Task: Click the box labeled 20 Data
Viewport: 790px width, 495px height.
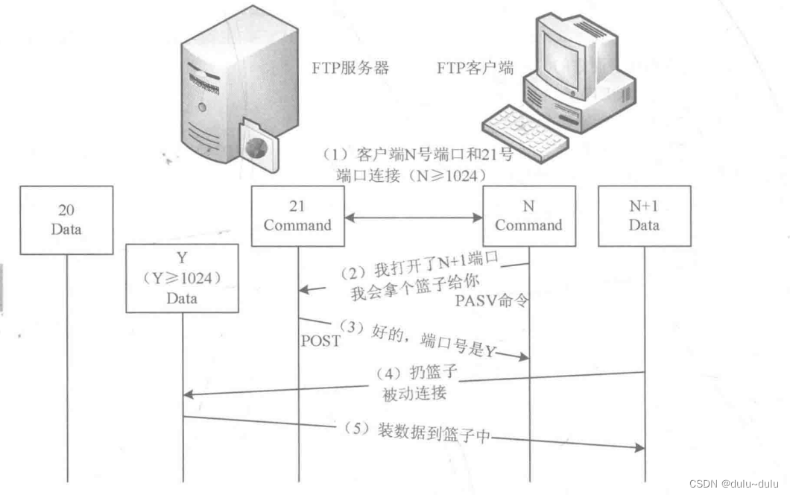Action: [x=66, y=220]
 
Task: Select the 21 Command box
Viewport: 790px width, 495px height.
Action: [x=297, y=215]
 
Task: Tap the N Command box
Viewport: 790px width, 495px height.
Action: [x=529, y=215]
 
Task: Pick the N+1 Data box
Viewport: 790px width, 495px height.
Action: [x=644, y=215]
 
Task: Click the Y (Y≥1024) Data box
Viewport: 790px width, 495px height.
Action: [x=182, y=277]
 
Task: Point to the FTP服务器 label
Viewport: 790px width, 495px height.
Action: [x=350, y=68]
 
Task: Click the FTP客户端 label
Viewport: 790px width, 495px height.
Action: [x=475, y=68]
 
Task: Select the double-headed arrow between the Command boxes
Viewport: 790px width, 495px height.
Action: [x=414, y=218]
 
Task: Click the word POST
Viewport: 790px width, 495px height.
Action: [x=320, y=341]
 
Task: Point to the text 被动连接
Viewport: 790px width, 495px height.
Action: [x=414, y=393]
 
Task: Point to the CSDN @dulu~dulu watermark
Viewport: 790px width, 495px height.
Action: [x=735, y=483]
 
